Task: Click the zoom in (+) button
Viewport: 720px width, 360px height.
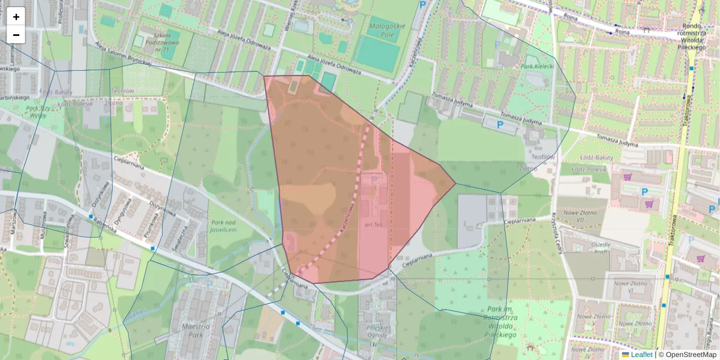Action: click(16, 17)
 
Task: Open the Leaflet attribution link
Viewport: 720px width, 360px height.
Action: click(641, 355)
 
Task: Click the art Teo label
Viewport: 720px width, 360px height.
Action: click(373, 224)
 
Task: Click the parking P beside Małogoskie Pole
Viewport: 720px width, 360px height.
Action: click(424, 5)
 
